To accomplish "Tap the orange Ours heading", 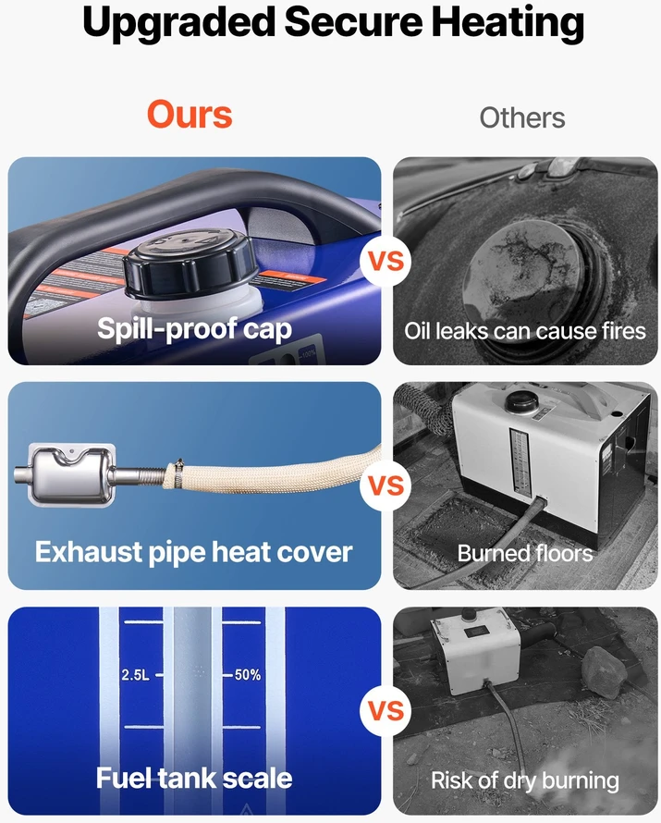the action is point(190,115).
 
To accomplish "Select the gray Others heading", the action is point(522,117).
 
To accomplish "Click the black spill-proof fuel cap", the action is point(191,264).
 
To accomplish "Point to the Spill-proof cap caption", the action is point(194,329).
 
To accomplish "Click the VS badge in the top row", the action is point(386,261).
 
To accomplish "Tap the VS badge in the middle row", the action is point(386,485).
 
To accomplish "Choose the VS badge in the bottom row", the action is point(386,711).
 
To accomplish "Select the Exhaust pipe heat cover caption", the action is point(193,552).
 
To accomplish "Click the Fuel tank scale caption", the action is point(194,778).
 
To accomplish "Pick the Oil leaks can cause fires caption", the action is point(524,331).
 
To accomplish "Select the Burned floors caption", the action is point(524,553).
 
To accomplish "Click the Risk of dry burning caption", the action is point(524,780).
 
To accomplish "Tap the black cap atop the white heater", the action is point(521,400).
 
